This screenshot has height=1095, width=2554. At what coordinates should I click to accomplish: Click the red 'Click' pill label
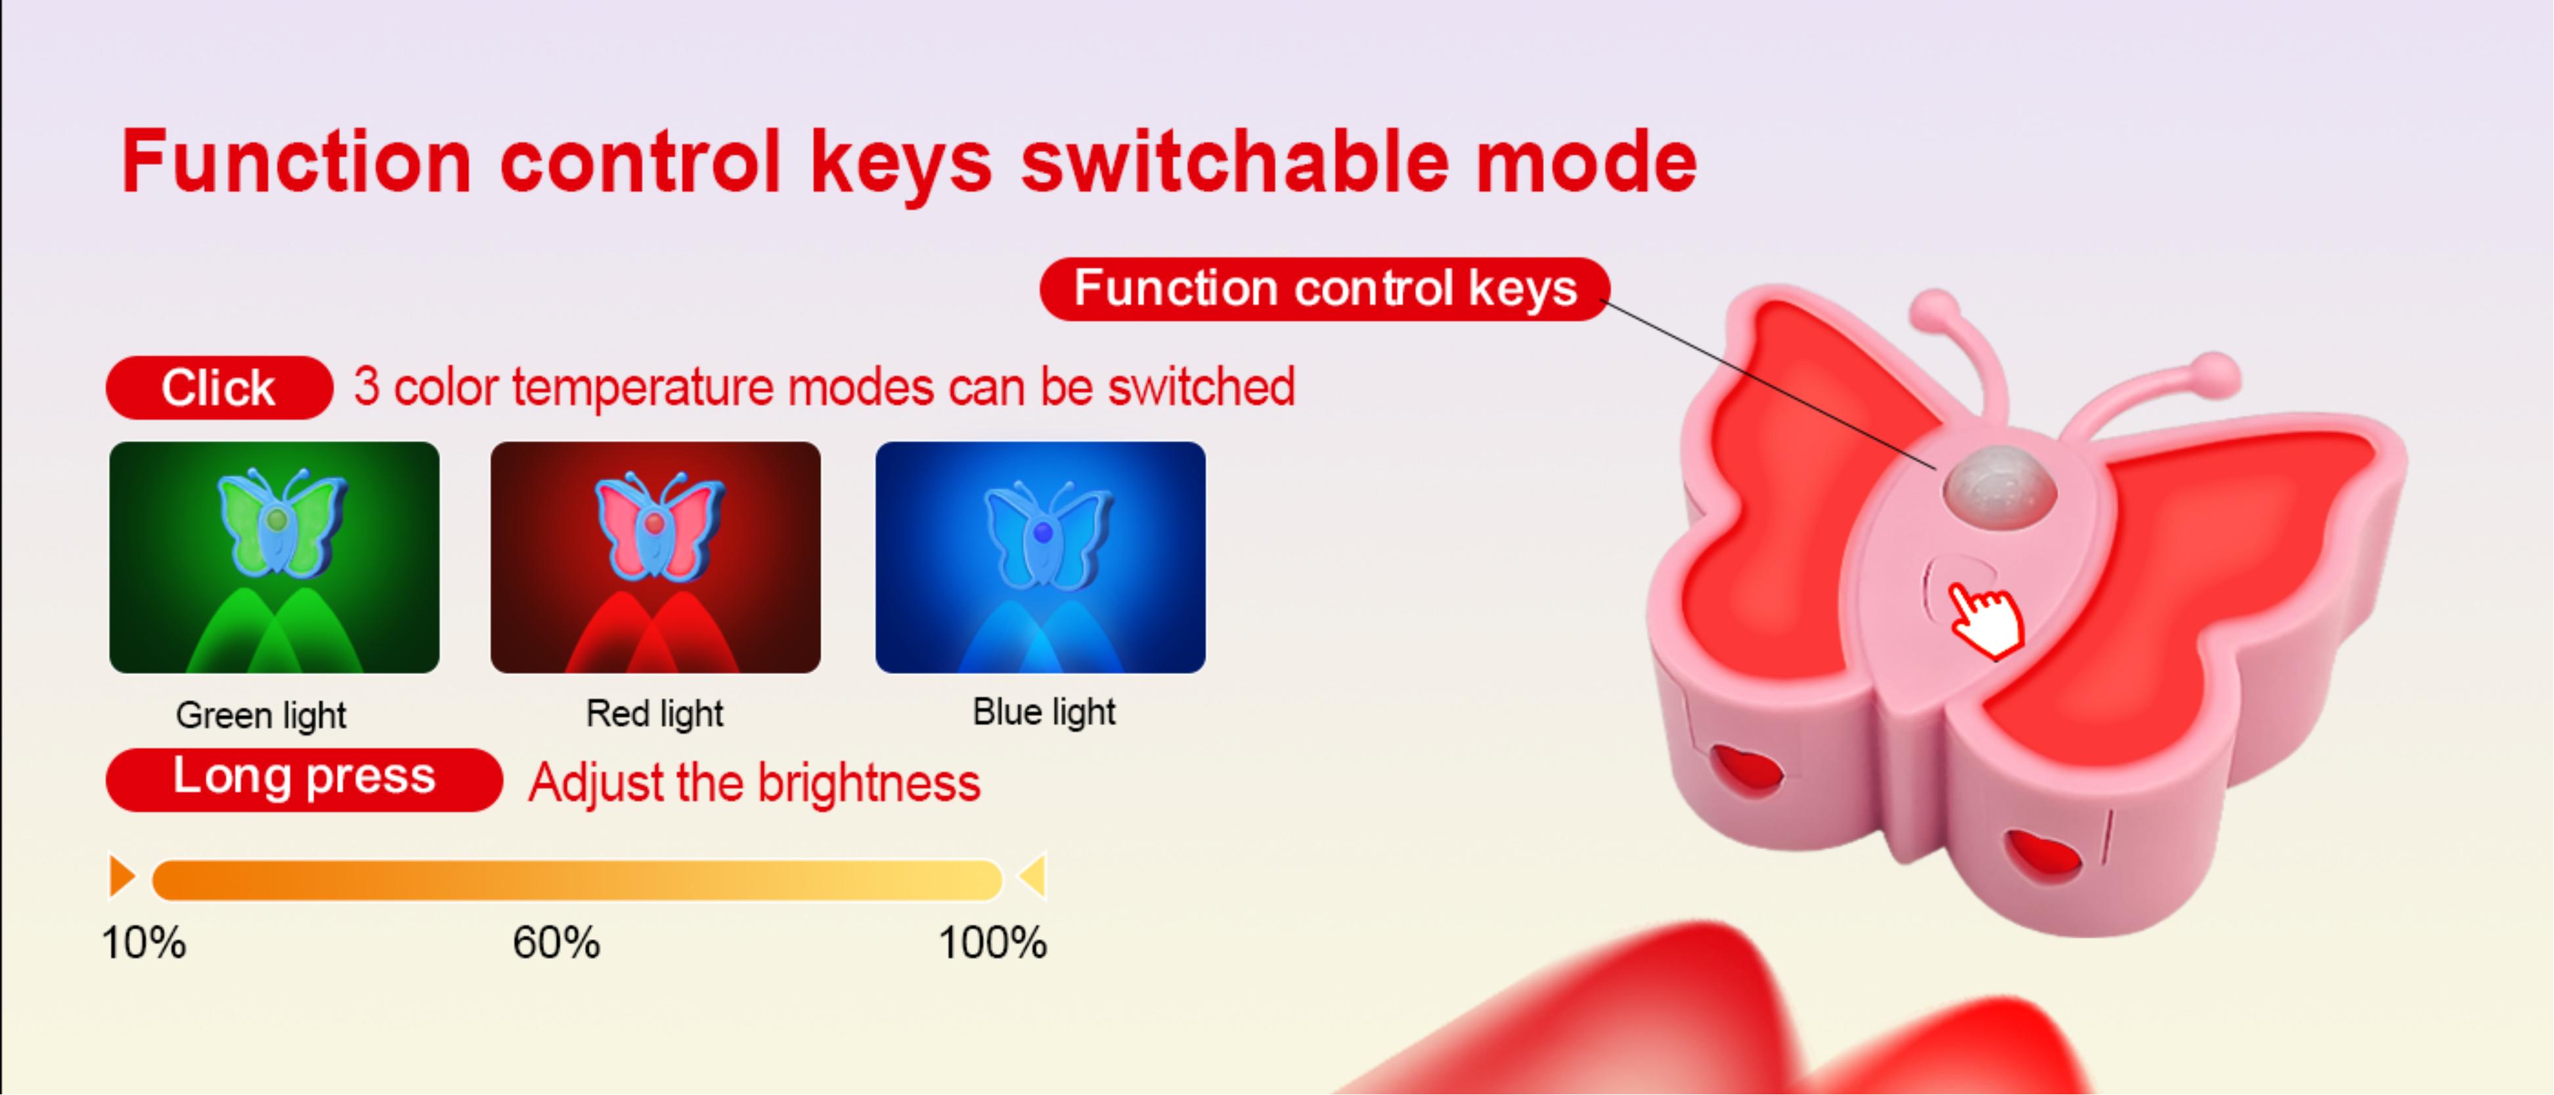point(218,388)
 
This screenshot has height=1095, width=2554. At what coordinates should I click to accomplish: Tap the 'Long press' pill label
point(303,778)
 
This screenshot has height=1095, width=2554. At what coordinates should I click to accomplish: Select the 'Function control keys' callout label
point(1325,288)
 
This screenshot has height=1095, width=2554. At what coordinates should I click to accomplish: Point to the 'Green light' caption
point(261,715)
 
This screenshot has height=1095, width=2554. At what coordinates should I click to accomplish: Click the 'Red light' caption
point(654,713)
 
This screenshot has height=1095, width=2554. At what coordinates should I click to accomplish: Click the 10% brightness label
point(144,942)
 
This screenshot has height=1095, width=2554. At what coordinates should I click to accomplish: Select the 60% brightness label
point(556,942)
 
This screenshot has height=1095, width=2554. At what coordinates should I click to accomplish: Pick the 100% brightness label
point(992,942)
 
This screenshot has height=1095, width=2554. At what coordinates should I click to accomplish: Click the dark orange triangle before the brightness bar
point(121,877)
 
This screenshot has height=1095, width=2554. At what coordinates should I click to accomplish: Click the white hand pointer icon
point(1987,620)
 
